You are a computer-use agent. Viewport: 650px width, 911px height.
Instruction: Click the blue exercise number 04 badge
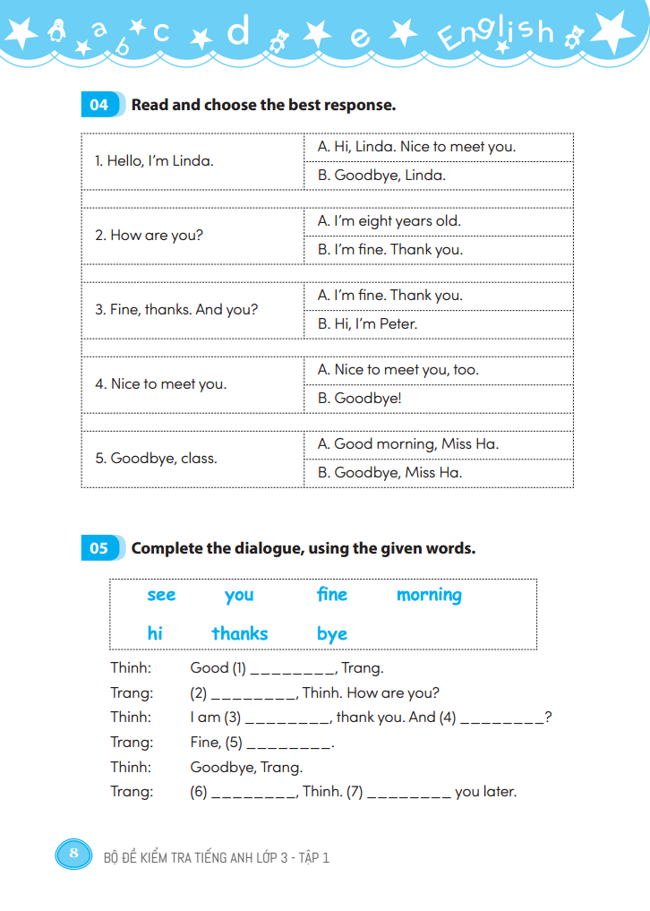99,105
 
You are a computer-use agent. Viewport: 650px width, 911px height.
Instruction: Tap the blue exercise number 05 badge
99,548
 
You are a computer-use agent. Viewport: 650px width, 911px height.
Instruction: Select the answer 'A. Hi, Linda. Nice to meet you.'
416,147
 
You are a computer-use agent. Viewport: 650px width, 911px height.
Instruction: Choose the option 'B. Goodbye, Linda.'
381,176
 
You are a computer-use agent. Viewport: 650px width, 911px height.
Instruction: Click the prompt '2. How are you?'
150,236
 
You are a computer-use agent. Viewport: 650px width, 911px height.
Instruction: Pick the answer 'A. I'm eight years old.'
389,221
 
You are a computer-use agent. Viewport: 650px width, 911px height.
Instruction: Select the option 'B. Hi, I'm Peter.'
367,324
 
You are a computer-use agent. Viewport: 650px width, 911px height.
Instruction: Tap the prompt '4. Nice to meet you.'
161,384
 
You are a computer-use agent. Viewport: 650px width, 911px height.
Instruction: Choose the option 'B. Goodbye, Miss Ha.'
389,473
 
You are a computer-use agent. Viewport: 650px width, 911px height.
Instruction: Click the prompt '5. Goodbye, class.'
157,459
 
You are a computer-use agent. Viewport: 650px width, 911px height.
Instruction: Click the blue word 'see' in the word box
161,596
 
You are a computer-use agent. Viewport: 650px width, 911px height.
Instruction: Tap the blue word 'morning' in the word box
429,596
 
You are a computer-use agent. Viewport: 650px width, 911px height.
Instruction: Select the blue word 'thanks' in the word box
240,634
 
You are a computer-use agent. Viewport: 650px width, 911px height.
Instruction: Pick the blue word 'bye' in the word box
331,634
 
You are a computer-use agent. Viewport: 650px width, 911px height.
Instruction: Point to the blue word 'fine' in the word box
331,595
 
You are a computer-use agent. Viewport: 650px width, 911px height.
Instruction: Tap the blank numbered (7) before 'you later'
408,792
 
